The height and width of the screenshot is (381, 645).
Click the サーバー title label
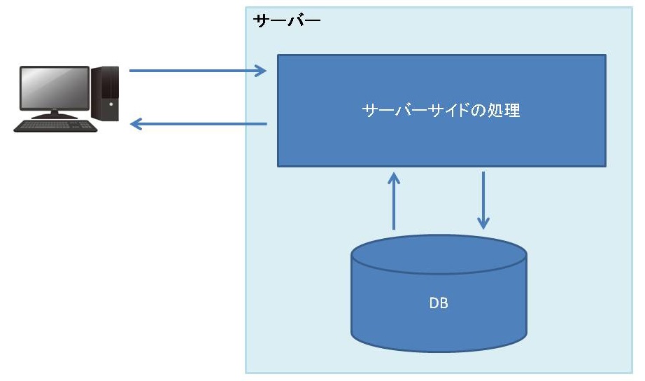286,20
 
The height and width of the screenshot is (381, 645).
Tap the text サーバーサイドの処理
441,111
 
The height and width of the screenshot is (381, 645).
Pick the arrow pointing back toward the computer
199,125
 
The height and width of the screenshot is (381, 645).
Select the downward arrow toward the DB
483,200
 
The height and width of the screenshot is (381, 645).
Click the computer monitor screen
54,89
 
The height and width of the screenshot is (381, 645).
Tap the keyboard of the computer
56,126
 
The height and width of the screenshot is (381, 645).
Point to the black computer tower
106,92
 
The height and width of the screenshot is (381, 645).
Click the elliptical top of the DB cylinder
439,254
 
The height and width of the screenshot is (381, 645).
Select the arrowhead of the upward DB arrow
394,178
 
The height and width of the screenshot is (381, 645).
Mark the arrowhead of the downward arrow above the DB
483,223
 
